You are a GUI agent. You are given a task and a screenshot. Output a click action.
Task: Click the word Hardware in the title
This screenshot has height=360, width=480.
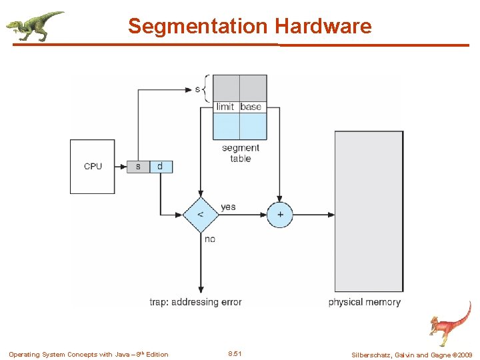point(323,27)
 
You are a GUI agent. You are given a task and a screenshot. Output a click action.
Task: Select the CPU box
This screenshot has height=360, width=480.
point(93,166)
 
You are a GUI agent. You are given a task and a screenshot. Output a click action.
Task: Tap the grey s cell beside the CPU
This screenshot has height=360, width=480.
point(138,166)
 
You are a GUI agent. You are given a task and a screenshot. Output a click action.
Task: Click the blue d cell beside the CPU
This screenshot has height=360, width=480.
point(160,166)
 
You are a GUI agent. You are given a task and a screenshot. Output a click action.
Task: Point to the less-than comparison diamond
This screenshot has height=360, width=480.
point(201,215)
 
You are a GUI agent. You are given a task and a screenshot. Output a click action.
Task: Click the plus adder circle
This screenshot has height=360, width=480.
point(280,215)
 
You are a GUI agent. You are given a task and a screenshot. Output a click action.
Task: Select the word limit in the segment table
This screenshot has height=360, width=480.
point(225,107)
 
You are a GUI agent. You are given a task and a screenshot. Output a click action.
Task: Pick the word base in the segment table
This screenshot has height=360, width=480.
point(251,107)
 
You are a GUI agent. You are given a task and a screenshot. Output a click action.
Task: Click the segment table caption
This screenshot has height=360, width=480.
point(240,153)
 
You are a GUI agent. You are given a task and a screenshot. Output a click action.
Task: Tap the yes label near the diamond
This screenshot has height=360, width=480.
point(228,207)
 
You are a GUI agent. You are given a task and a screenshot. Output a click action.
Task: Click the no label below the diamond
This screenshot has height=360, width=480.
point(210,239)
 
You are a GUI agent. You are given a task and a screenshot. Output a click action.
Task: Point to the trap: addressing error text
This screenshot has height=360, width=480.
point(195,302)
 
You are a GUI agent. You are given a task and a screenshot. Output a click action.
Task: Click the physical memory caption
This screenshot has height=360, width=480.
point(365,302)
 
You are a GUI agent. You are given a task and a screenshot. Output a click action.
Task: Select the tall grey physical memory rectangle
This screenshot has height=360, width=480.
point(369,211)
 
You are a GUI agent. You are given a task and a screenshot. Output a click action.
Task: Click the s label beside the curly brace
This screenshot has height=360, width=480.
point(197,89)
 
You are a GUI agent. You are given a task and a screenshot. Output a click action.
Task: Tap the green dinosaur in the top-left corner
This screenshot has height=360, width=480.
point(35,25)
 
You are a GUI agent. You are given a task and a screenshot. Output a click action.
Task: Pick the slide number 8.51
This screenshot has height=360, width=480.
point(235,354)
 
